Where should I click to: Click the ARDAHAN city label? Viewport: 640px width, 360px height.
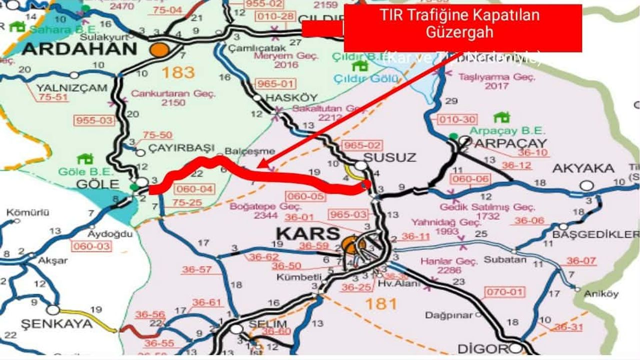coord(79,49)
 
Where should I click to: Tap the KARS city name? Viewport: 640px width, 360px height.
coord(308,233)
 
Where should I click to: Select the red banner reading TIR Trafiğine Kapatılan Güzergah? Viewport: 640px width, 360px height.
coord(462,27)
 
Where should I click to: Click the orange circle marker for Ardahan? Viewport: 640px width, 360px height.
coord(160,49)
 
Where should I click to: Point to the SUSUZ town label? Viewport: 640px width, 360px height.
coord(389,157)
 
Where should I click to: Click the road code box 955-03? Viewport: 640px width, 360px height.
coord(94,120)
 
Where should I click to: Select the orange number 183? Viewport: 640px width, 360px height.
coord(178,73)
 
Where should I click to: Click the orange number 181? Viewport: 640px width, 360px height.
coord(381,303)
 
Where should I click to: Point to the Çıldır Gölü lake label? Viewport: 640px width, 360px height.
coord(367,78)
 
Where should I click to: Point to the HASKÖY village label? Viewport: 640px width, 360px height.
coord(283,99)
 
